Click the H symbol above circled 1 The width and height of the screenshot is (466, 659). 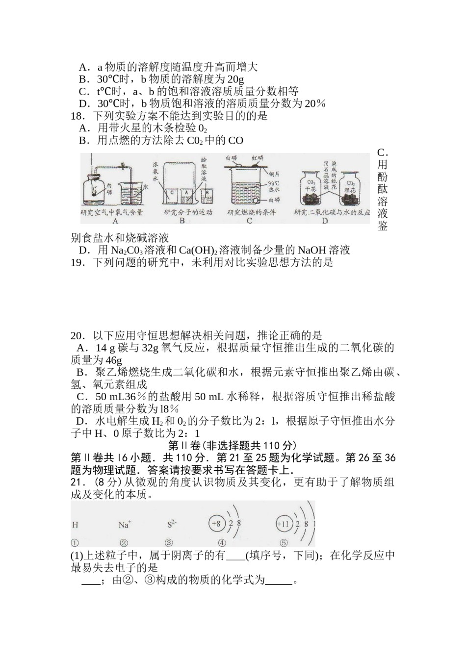click(x=75, y=525)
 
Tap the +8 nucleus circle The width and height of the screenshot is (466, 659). click(x=216, y=524)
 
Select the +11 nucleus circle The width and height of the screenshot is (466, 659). click(x=284, y=524)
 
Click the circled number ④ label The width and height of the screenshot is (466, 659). click(x=222, y=543)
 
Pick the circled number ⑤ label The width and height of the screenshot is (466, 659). click(x=284, y=543)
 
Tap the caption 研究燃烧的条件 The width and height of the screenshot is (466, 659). click(x=251, y=212)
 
